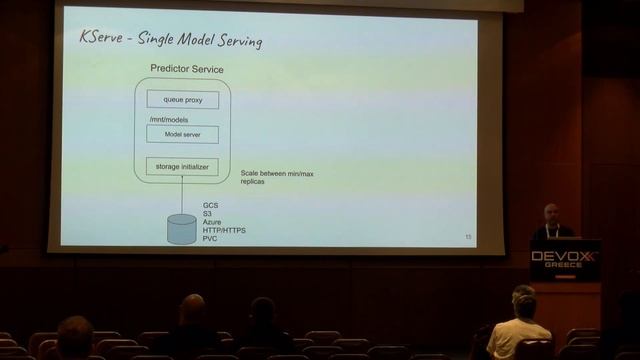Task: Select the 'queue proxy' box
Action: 182,99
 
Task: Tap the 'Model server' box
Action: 182,134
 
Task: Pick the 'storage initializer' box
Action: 182,167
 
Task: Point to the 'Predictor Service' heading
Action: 186,68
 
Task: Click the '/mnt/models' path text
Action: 167,118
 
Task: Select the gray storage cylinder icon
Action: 181,228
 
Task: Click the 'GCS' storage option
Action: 210,206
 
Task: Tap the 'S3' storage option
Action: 207,214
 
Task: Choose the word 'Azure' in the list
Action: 213,222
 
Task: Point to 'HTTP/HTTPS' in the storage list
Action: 224,230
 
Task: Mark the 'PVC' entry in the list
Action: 210,238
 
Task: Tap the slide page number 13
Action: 468,237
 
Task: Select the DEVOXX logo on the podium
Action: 564,257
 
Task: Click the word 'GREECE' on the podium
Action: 564,268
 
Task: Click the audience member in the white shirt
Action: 519,334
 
